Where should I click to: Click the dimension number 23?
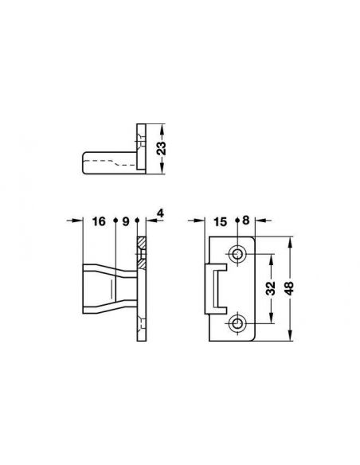pyautogui.click(x=162, y=148)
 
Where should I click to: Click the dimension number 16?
pyautogui.click(x=99, y=221)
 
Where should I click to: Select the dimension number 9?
pyautogui.click(x=126, y=221)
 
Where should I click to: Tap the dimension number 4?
pyautogui.click(x=160, y=213)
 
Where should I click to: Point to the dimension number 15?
pyautogui.click(x=220, y=221)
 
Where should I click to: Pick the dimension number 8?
pyautogui.click(x=246, y=221)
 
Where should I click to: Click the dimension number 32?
pyautogui.click(x=271, y=288)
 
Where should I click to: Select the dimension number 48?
pyautogui.click(x=288, y=288)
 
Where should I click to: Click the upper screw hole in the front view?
pyautogui.click(x=237, y=254)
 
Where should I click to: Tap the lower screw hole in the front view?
pyautogui.click(x=237, y=323)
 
